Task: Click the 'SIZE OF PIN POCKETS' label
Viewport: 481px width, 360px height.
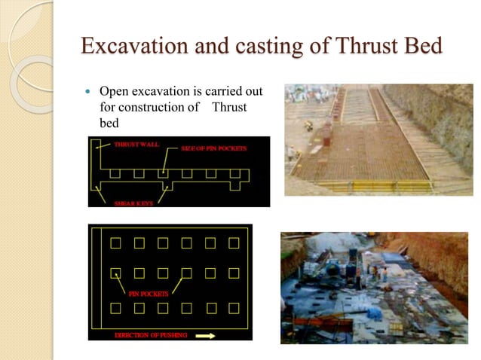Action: [x=214, y=148]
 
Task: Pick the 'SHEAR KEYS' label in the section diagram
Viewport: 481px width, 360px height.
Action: [x=133, y=203]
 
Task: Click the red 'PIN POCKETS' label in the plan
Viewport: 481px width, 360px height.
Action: [x=148, y=293]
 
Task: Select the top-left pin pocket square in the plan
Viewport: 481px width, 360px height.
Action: [x=115, y=243]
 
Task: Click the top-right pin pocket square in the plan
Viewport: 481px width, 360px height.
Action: [x=234, y=243]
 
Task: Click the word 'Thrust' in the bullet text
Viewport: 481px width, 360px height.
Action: [x=229, y=107]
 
